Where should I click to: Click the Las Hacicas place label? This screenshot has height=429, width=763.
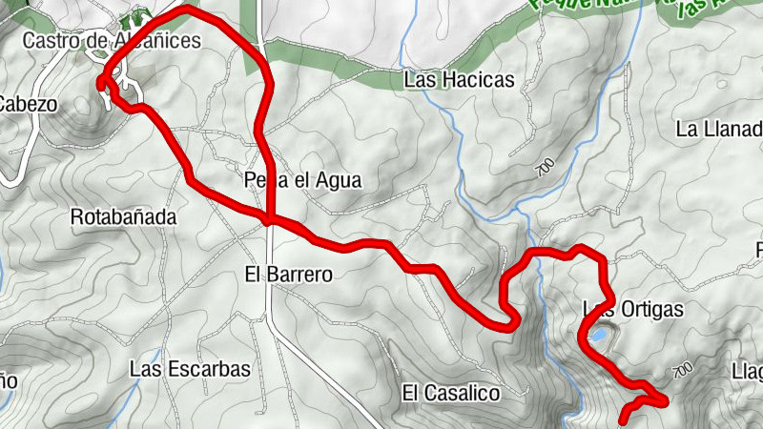point(459,80)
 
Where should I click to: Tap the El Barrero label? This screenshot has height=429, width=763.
point(288,275)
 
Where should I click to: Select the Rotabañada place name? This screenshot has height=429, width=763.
point(124,217)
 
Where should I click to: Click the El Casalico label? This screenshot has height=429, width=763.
point(451,392)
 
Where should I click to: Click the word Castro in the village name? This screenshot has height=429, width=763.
point(48,40)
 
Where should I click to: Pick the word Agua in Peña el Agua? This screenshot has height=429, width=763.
point(342,179)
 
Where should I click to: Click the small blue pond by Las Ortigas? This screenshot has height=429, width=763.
point(597,335)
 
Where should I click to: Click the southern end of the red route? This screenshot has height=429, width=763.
point(623,420)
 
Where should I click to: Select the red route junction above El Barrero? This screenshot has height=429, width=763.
point(272,220)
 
